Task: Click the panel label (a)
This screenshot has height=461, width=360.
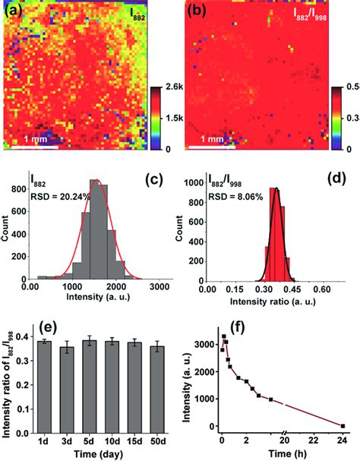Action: tap(14, 11)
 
